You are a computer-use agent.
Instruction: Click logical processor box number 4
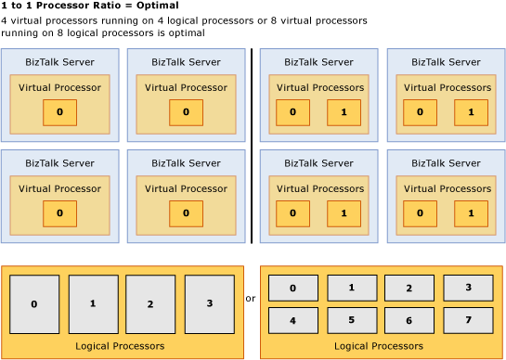(x=292, y=320)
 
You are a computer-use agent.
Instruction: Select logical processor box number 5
(x=351, y=320)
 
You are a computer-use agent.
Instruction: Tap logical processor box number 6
(x=409, y=320)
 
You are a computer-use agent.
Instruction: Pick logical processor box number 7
(x=467, y=320)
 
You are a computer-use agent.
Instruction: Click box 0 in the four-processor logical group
(x=34, y=303)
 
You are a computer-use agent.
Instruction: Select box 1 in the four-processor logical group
(x=93, y=303)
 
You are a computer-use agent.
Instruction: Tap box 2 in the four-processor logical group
(x=150, y=303)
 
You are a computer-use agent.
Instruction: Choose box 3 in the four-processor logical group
(x=209, y=303)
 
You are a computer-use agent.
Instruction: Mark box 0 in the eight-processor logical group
(x=292, y=288)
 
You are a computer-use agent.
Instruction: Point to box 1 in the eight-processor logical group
(x=351, y=288)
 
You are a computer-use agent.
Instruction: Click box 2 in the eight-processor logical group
(x=409, y=288)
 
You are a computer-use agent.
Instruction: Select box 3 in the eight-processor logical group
(x=467, y=288)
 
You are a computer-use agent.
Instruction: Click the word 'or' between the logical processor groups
(x=251, y=299)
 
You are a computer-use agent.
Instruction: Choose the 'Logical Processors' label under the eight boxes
(x=379, y=346)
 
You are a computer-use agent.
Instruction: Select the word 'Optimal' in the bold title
(x=157, y=6)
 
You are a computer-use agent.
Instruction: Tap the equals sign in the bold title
(x=124, y=6)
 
